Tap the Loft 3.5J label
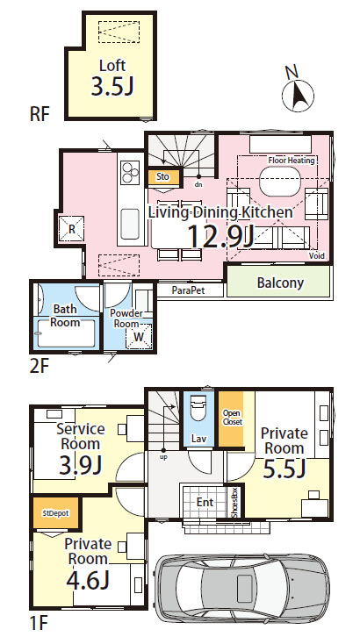point(112,77)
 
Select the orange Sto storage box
point(163,177)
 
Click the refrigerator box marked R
point(71,229)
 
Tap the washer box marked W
point(139,336)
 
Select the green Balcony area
point(279,282)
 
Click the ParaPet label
point(188,290)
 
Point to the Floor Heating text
point(291,161)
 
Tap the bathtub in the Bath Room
point(66,333)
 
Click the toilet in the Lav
point(198,407)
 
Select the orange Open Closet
point(231,419)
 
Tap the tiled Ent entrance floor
point(205,502)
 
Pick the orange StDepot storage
point(55,513)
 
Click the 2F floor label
point(39,367)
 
